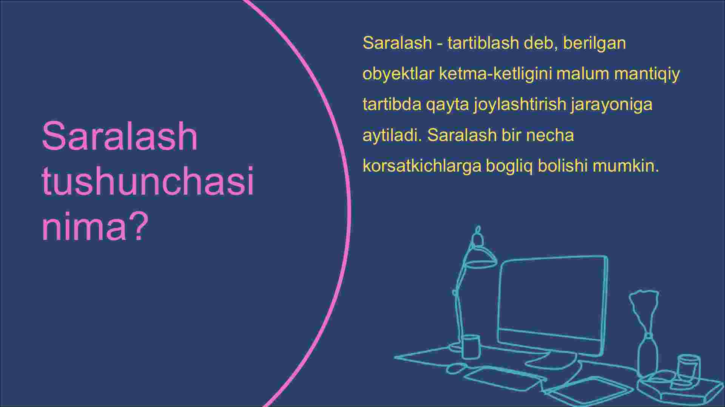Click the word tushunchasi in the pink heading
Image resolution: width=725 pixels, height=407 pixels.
[148, 181]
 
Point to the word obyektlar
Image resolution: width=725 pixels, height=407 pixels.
[398, 74]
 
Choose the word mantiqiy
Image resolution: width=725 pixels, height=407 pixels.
[647, 74]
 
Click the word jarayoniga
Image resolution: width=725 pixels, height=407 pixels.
[612, 105]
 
